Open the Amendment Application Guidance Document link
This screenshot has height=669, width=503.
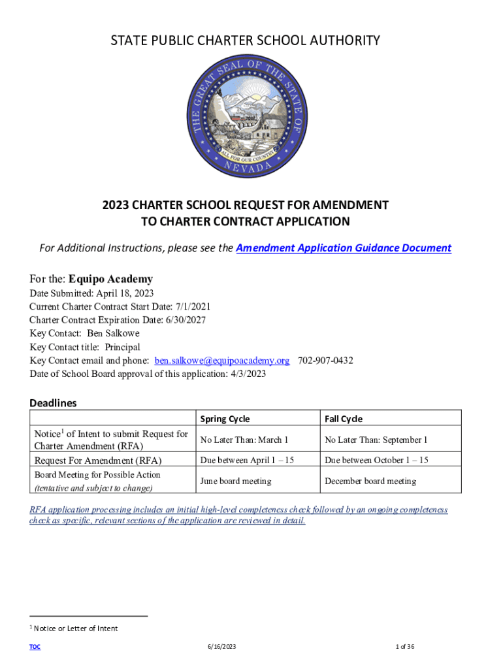(343, 248)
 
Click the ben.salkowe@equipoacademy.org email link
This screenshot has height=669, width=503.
(222, 361)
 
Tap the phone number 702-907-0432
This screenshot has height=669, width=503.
(325, 361)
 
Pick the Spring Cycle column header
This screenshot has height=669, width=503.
(225, 419)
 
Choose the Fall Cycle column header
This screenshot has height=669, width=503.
(344, 419)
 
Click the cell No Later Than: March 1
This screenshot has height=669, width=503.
(244, 440)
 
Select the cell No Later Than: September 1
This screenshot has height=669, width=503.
(376, 440)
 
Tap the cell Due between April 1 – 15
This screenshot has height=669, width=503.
(247, 461)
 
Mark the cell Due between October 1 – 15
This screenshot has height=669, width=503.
(376, 461)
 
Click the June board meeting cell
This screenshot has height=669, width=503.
(236, 481)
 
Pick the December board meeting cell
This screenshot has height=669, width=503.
(370, 481)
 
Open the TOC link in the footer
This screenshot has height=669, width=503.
(35, 647)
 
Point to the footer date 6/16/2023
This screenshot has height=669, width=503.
(220, 647)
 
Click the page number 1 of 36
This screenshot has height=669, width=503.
(405, 647)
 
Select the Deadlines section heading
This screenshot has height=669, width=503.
(53, 402)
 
